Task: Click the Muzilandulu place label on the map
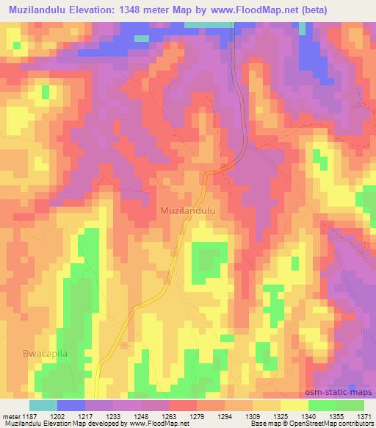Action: tap(187, 210)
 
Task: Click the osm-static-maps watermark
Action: tap(345, 393)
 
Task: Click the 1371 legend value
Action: tap(363, 416)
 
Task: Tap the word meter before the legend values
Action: tap(12, 416)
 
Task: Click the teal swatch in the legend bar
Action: tap(43, 405)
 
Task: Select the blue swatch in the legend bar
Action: tap(71, 405)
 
